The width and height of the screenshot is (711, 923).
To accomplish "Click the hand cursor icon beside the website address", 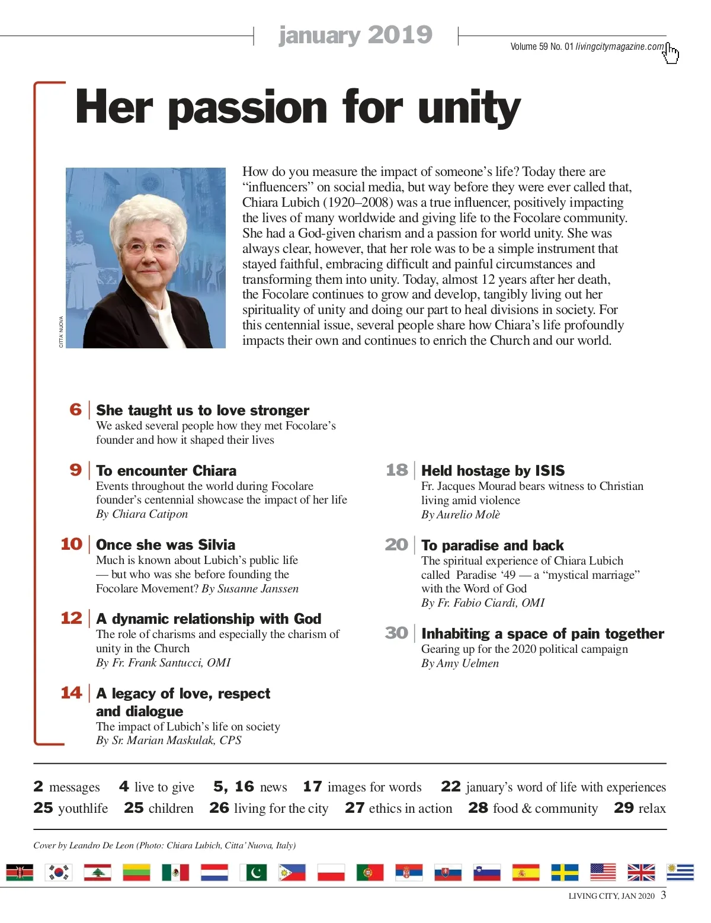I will pos(671,53).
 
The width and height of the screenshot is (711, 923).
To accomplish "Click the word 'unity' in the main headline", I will pos(469,108).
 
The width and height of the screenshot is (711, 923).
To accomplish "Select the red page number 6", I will pos(76,409).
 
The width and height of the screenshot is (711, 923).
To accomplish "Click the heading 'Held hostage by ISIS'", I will pos(492,471).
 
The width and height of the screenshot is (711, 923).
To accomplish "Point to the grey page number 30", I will pos(396,633).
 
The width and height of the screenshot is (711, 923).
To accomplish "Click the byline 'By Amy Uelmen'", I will pos(460,664).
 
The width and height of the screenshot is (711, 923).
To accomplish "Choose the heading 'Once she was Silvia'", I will pos(165,545).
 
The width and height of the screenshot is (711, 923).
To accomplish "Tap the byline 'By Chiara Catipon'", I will pos(142,514).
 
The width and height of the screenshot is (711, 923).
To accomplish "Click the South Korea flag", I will pos(59,872).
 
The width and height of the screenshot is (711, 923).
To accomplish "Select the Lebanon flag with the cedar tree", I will pos(97,872).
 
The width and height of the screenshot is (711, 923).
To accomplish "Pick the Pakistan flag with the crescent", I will pos(253,872).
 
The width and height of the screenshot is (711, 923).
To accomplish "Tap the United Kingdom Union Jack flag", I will pos(641,872).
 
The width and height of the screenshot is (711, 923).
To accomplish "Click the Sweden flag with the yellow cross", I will pos(565,872).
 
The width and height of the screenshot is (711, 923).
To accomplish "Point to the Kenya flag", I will pos(20,872).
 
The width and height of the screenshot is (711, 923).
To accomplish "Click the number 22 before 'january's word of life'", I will pos(450,787).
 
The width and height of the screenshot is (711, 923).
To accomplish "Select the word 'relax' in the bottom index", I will pos(652,809).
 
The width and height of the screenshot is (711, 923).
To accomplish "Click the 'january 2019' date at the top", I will pos(355,35).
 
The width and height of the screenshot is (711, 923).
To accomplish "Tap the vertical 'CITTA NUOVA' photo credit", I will pos(61,332).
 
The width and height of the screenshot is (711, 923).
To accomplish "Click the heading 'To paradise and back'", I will pos(492,546).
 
